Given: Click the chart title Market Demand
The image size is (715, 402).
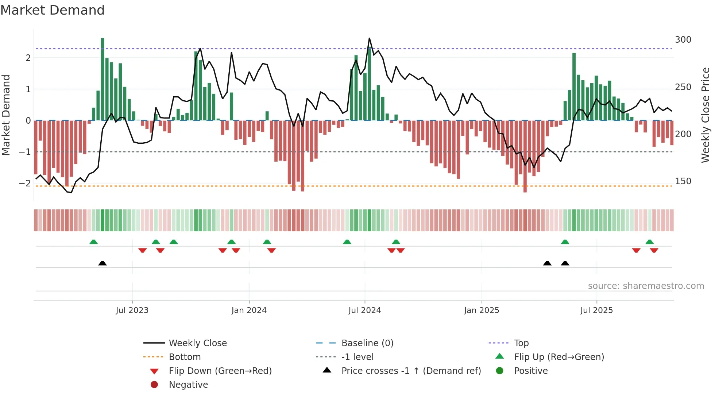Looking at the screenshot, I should (53, 10).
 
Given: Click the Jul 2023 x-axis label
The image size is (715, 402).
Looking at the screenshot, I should (132, 310).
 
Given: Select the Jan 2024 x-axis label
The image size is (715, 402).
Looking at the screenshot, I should (249, 310).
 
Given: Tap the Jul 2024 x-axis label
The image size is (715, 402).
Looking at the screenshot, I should (364, 310).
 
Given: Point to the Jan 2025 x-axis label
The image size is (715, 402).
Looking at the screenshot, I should (482, 310).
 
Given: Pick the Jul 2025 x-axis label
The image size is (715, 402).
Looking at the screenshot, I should (596, 310).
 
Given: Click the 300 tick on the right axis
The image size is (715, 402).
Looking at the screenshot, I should (683, 40).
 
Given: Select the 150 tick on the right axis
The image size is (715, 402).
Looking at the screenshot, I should (683, 181).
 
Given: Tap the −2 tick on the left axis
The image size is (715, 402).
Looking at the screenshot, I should (25, 183).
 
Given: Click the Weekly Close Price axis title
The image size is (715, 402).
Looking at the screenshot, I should (706, 115).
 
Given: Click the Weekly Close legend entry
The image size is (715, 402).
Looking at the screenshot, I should (197, 343).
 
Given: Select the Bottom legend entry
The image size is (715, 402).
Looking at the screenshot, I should (185, 357).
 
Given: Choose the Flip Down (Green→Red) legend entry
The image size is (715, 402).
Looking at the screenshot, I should (220, 371).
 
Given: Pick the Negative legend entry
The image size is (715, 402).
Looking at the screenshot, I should (188, 385).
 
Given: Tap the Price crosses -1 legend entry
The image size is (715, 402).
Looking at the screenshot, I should (411, 371).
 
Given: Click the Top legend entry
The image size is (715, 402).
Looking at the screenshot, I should (521, 343).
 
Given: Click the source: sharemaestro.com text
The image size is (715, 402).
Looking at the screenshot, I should (646, 286).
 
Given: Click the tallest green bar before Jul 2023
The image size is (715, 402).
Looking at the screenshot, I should (103, 79).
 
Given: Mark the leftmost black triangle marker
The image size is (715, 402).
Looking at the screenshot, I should (103, 263).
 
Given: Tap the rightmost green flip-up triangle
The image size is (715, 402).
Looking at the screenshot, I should (649, 242).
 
